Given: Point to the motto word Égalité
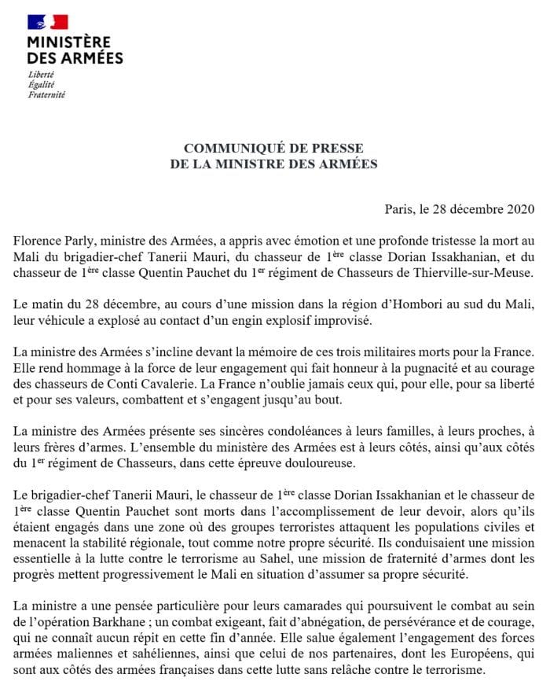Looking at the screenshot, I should [39, 83].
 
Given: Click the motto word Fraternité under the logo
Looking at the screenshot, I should [46, 94].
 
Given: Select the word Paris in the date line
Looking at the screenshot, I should [399, 208].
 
